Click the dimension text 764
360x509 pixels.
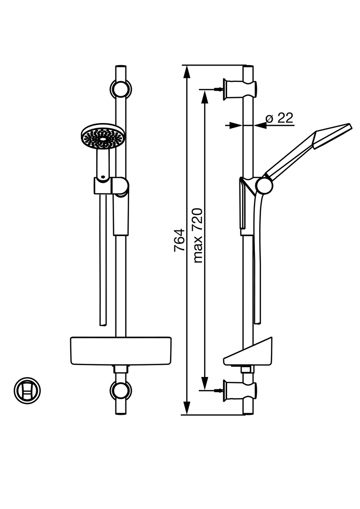tap(179, 240)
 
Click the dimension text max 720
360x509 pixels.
tap(198, 235)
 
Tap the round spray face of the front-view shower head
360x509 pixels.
tap(103, 137)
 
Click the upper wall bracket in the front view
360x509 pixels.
tap(121, 88)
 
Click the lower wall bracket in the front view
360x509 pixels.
tap(121, 390)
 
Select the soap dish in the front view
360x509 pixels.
tap(121, 350)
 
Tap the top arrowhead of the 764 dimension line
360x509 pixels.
tap(187, 72)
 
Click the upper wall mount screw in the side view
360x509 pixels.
tap(217, 89)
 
